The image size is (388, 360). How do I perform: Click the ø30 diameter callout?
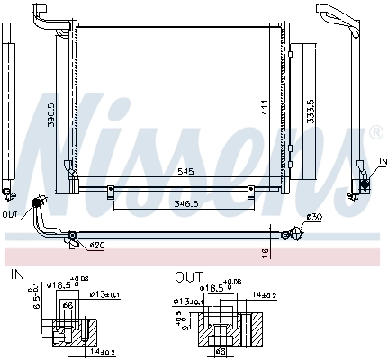[313, 217]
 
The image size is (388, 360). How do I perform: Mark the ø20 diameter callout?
[95, 245]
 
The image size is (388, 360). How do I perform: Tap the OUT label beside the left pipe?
[10, 215]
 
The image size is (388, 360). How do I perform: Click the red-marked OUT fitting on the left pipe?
[39, 202]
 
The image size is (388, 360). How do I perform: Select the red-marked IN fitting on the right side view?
[365, 184]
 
